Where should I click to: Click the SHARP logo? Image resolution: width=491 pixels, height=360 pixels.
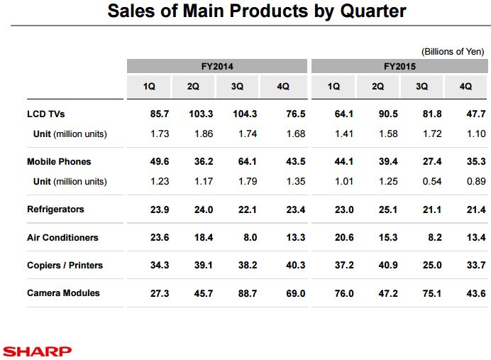tap(36, 351)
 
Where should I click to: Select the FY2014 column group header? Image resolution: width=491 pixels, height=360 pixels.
tap(217, 66)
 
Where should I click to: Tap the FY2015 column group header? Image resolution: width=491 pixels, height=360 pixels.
tap(399, 66)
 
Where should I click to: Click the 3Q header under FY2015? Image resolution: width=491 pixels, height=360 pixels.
tap(421, 87)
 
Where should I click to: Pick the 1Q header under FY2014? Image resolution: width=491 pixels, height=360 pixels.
tap(149, 87)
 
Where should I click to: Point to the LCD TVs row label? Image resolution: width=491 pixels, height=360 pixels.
tap(46, 114)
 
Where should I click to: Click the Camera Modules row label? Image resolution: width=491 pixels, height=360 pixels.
tap(63, 293)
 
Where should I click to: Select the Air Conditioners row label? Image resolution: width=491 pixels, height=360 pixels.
tap(62, 237)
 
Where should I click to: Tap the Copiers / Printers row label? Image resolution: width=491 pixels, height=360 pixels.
tap(65, 265)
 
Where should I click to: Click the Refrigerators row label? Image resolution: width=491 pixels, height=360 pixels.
tap(55, 209)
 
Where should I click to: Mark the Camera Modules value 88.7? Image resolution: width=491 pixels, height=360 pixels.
tap(245, 293)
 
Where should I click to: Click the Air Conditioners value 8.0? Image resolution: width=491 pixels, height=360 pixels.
tap(250, 237)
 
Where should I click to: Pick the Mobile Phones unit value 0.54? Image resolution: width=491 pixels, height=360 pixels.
tap(431, 181)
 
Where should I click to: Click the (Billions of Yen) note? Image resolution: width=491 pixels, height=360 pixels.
tap(453, 51)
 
